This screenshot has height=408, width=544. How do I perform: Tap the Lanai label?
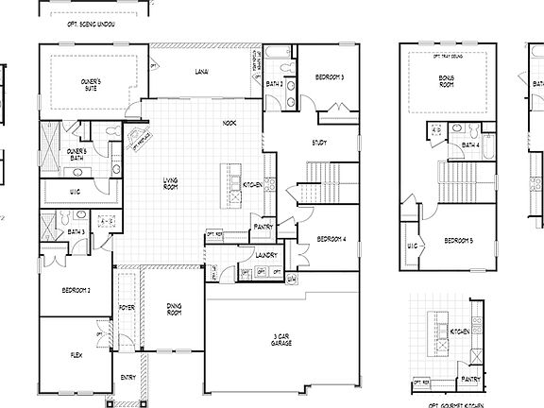click(x=202, y=72)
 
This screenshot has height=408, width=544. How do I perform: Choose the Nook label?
click(x=229, y=124)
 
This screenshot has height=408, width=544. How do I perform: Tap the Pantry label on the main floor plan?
click(x=263, y=227)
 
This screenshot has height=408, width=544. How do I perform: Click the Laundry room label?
click(x=263, y=253)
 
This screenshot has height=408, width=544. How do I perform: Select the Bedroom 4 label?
click(x=331, y=239)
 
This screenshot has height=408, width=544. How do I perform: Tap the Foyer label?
click(x=127, y=308)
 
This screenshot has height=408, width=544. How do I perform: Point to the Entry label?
click(x=127, y=378)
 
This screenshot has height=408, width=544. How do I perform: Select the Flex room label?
click(x=76, y=356)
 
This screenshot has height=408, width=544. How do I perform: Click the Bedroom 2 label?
click(x=76, y=290)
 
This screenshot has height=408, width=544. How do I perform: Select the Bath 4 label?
click(x=469, y=145)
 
